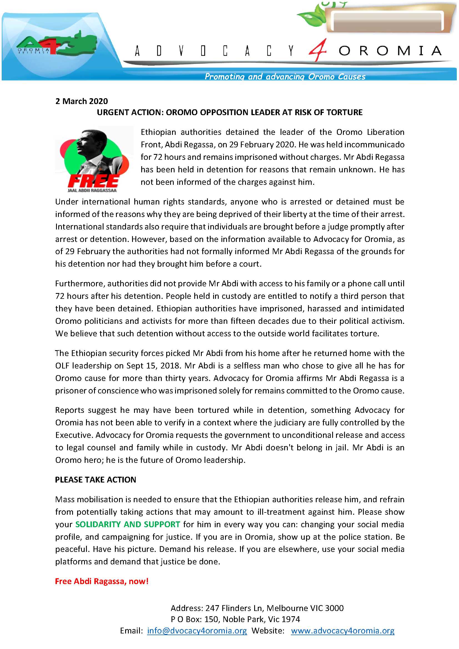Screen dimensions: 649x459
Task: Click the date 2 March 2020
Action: (x=81, y=101)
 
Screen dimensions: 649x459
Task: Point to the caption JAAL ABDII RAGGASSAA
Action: (x=92, y=190)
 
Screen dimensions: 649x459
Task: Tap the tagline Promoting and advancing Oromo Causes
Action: (x=285, y=77)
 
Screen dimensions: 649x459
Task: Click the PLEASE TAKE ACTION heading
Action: (x=95, y=480)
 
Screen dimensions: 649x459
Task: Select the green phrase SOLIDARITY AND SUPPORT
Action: (x=127, y=524)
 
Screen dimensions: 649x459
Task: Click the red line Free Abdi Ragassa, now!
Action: (x=102, y=581)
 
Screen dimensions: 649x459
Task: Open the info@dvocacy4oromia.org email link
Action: (x=197, y=631)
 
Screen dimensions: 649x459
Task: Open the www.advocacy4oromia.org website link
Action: (x=342, y=631)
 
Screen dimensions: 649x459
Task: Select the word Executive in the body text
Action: (x=74, y=435)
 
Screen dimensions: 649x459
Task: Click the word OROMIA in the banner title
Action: (x=390, y=51)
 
